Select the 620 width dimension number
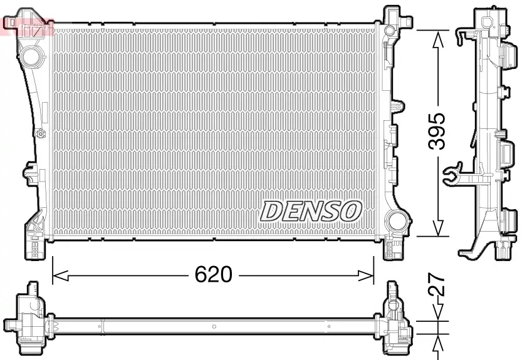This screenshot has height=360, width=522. pos(213,274)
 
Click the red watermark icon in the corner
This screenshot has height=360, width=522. pos(28,26)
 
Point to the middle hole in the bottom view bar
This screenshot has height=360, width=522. pos(214,326)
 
